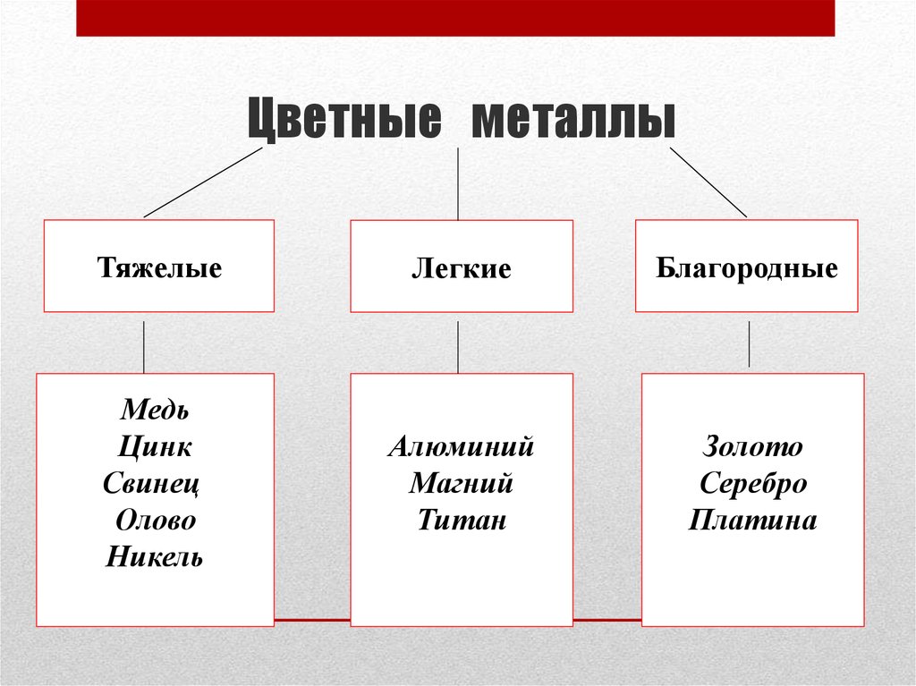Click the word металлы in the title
tap(573, 119)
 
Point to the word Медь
tap(155, 410)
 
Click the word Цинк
tap(155, 447)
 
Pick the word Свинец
tap(151, 484)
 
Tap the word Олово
tap(156, 520)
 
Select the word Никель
tap(154, 557)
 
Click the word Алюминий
tap(461, 446)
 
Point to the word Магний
tap(461, 483)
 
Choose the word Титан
tap(462, 520)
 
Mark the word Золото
tap(752, 446)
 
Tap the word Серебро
tap(753, 484)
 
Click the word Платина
tap(752, 520)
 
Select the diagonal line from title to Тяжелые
tap(203, 182)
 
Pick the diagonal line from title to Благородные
tap(708, 182)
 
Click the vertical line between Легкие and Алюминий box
tap(458, 347)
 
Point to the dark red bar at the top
tap(455, 18)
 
